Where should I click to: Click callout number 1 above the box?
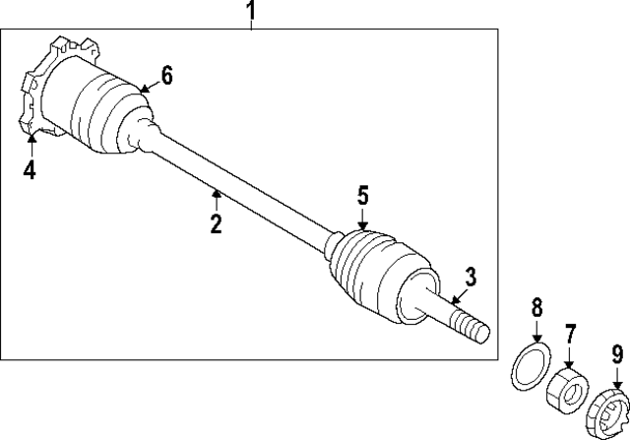coord(251,12)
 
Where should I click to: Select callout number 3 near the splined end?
coord(471,277)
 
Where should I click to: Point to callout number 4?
coord(30,169)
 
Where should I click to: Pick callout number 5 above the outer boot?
coord(362,196)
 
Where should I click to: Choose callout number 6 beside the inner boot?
coord(166,75)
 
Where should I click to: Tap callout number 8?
coord(536,308)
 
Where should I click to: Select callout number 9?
coord(617,351)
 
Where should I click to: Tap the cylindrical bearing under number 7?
coord(566,386)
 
